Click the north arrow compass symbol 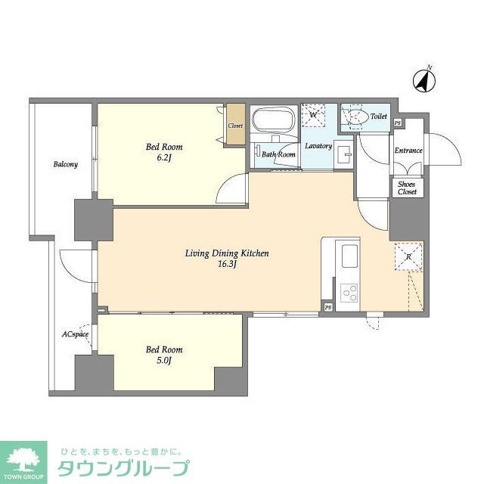(x=424, y=79)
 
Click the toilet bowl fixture (x=357, y=117)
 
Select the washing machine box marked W (x=314, y=116)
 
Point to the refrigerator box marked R (x=408, y=256)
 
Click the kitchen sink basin (x=351, y=257)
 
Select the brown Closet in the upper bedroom (x=235, y=126)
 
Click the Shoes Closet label (x=408, y=188)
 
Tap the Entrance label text (x=408, y=150)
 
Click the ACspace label (x=76, y=334)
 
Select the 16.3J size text (x=228, y=265)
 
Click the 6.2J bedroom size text (x=164, y=159)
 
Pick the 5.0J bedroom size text (x=164, y=361)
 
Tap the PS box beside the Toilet (x=398, y=123)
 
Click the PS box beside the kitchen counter (x=327, y=307)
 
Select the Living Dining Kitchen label (x=228, y=254)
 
